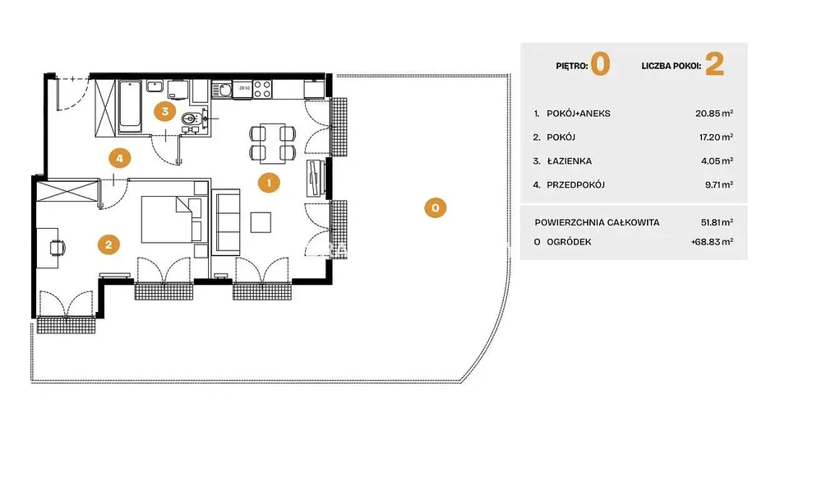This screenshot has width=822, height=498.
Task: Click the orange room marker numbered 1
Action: [269, 183]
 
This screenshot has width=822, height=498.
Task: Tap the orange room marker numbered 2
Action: [109, 244]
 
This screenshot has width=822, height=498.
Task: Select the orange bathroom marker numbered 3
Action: [165, 111]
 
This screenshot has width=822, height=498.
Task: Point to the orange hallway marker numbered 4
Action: [119, 158]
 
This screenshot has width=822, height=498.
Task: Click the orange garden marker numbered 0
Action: [435, 207]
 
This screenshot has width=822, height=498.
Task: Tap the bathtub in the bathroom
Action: [130, 106]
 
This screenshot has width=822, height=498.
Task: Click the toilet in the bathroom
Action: [191, 119]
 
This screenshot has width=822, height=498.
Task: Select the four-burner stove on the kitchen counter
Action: [263, 89]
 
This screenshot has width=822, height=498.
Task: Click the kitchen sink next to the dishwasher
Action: [222, 90]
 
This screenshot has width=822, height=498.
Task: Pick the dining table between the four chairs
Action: [273, 142]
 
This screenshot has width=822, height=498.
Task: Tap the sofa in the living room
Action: [225, 222]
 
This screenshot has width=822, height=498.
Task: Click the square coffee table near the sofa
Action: [261, 222]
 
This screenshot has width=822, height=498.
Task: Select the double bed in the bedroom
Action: [172, 219]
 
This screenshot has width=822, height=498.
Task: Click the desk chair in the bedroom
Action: [58, 247]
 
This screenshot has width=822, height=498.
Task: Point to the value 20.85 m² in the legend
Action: [714, 114]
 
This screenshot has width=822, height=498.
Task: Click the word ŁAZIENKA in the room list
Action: [570, 161]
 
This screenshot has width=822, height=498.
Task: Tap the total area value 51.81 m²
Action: [717, 222]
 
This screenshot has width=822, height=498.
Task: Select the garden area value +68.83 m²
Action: [712, 242]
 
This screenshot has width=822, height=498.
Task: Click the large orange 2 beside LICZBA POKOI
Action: [714, 64]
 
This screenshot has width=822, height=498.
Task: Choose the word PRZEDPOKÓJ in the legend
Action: [575, 184]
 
